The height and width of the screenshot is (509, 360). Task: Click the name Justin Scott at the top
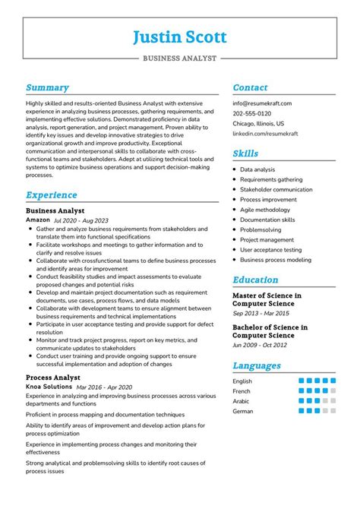coord(180,36)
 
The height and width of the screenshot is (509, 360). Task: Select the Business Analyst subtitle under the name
coord(179,57)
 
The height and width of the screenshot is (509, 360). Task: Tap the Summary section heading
coord(47,87)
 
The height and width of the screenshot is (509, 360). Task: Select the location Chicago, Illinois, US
coord(258,123)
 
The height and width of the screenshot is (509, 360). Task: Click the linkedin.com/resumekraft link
coord(265,133)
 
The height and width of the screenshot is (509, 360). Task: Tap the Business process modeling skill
coord(275,259)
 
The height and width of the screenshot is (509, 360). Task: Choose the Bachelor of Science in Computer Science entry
coord(270,332)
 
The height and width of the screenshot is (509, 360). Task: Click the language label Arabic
coord(242,401)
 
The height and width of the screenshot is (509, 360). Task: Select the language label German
coord(243,411)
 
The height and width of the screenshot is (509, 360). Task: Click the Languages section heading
coord(257,365)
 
